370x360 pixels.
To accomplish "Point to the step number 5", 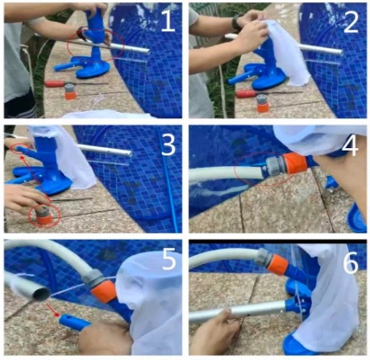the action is [x=168, y=259].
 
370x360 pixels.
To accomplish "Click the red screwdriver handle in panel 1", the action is [x=55, y=84].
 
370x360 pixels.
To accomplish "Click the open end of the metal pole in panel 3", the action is [x=130, y=153].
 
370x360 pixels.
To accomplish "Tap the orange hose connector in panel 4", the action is [x=296, y=163].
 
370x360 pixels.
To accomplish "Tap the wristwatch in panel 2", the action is [x=237, y=23].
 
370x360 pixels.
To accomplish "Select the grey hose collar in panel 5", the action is [x=93, y=279].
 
